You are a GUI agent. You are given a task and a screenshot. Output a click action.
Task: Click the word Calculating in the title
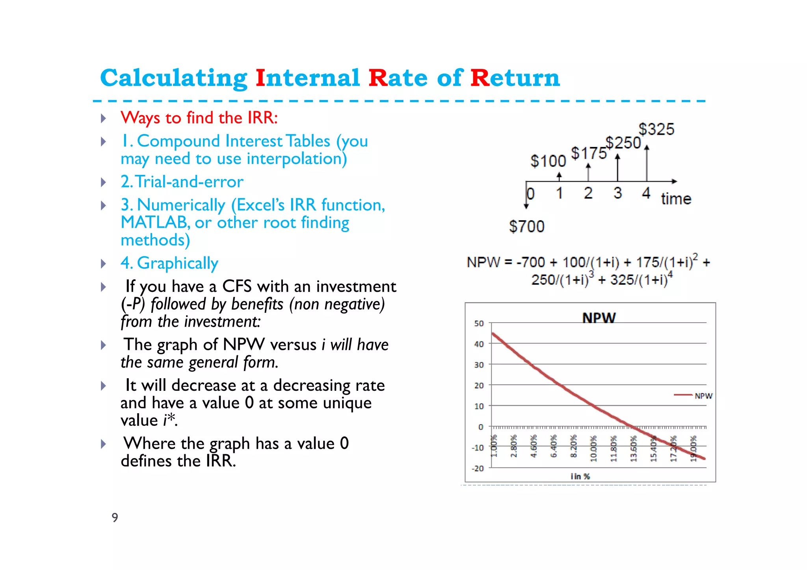click(x=173, y=78)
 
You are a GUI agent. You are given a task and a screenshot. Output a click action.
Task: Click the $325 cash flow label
click(x=656, y=129)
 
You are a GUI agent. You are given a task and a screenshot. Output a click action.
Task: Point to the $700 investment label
click(x=526, y=227)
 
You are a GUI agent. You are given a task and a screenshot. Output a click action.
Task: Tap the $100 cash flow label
click(x=548, y=161)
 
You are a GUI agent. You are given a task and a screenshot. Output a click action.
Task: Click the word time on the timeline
click(x=676, y=199)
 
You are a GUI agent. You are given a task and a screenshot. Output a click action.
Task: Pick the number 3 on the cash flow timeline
click(x=617, y=193)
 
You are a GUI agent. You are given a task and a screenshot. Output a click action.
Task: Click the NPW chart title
click(x=599, y=317)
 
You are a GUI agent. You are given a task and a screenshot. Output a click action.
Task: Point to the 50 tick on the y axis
click(x=479, y=323)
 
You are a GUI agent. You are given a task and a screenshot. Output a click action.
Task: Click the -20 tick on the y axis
click(x=478, y=468)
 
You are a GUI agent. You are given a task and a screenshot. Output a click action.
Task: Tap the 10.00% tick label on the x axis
click(x=593, y=448)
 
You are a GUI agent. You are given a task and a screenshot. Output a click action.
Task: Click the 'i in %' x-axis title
click(x=580, y=477)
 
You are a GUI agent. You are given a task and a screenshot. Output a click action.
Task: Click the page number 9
click(x=115, y=517)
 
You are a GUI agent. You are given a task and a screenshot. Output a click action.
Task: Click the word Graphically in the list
click(x=177, y=263)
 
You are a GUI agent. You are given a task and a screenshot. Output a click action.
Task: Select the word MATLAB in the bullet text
click(x=153, y=223)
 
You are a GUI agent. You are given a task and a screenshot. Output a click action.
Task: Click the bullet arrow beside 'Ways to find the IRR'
click(x=103, y=118)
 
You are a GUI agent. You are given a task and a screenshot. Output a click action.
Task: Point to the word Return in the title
click(x=515, y=78)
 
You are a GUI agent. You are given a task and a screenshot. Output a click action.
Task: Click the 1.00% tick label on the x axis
click(x=494, y=446)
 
